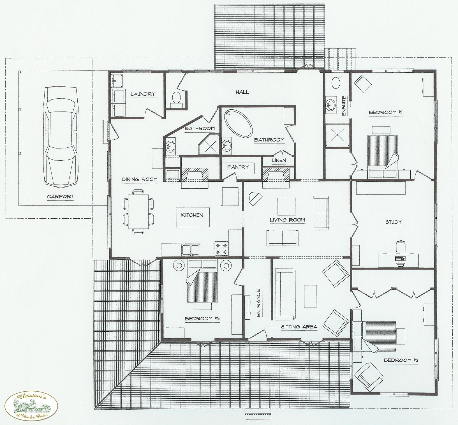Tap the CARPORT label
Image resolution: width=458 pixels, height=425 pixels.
(x=60, y=197)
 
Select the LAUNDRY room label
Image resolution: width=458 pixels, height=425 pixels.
(x=143, y=94)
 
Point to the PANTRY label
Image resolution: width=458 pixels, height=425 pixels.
(x=238, y=167)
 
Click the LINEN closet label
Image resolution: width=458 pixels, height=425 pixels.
(x=279, y=160)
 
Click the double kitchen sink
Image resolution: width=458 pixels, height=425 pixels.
(x=191, y=249)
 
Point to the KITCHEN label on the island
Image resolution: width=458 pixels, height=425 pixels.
(x=192, y=215)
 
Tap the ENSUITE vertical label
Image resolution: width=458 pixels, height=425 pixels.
(x=344, y=106)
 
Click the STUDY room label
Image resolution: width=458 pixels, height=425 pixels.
(x=394, y=222)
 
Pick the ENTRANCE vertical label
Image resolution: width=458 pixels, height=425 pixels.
(x=258, y=303)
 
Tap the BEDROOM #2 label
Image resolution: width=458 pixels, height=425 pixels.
(x=401, y=360)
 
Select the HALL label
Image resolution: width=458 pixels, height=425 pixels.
(x=242, y=92)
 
